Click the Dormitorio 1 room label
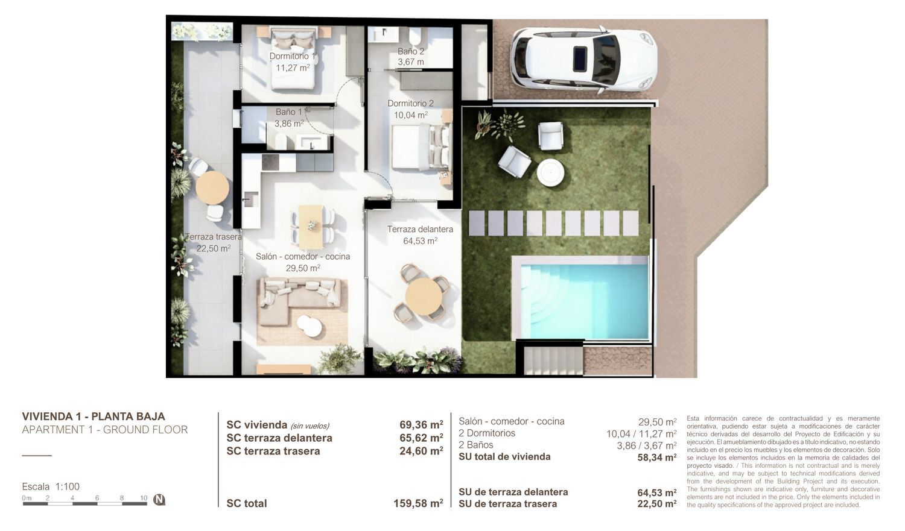click(292, 56)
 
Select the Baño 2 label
click(411, 51)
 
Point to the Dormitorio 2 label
click(410, 103)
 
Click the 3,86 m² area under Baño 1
click(289, 124)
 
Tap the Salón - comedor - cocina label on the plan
click(303, 257)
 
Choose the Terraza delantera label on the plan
click(420, 229)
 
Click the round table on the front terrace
click(424, 297)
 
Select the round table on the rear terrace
click(212, 187)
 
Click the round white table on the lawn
click(550, 173)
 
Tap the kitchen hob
click(270, 163)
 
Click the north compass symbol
click(159, 500)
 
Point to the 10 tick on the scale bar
click(144, 498)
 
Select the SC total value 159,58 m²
click(418, 503)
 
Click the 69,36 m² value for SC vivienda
click(421, 424)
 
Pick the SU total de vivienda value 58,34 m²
click(656, 457)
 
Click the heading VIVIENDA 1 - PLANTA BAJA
click(94, 416)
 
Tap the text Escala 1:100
click(51, 486)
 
